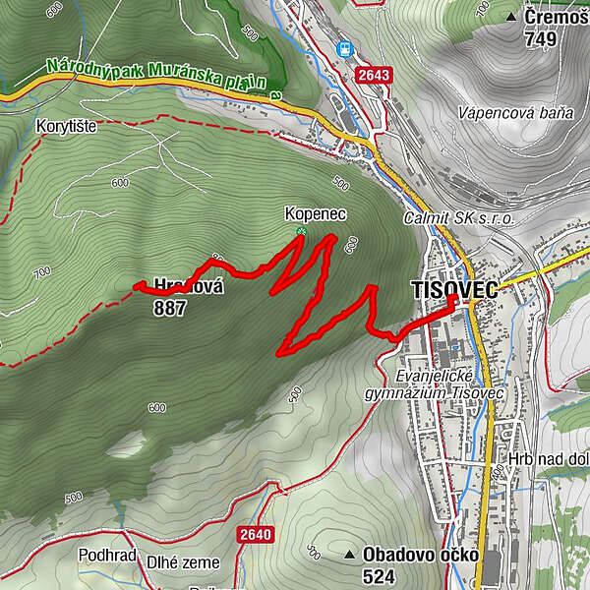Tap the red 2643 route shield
[x=375, y=75]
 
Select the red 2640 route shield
[x=254, y=534]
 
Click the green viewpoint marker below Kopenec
[x=302, y=231]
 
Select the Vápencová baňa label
[x=514, y=113]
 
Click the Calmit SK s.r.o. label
[x=458, y=218]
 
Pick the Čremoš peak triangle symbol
[x=511, y=18]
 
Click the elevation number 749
[x=541, y=39]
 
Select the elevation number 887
[x=169, y=308]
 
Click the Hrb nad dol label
[x=549, y=459]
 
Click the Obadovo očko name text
[x=420, y=555]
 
